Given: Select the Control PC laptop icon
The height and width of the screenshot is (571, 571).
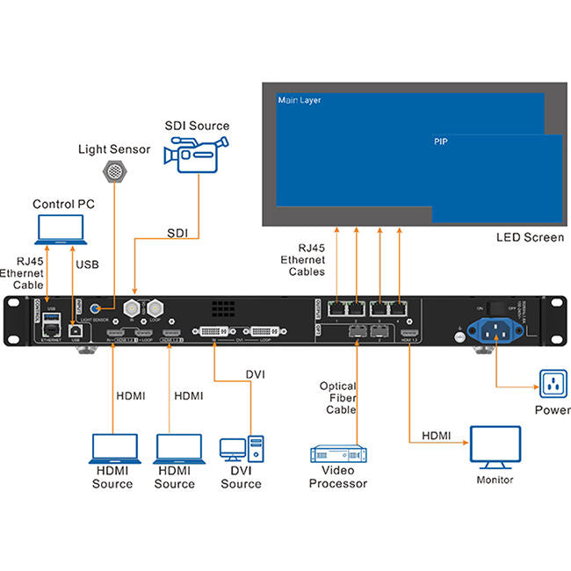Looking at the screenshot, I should (x=59, y=229).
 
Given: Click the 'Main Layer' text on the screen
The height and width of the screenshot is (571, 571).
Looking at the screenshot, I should (x=300, y=101).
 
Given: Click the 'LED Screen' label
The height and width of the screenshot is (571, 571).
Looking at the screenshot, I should (x=531, y=237).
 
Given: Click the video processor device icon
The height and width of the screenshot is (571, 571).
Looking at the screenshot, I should (x=337, y=455).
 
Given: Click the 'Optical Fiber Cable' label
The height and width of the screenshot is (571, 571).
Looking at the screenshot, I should (x=337, y=397).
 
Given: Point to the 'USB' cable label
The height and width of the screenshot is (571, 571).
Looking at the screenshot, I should (x=88, y=264).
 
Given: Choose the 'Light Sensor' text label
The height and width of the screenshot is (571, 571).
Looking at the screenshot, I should (x=114, y=150).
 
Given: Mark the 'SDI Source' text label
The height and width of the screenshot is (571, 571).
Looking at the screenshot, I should (x=197, y=126).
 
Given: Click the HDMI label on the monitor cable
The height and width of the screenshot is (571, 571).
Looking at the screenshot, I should (x=437, y=436).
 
